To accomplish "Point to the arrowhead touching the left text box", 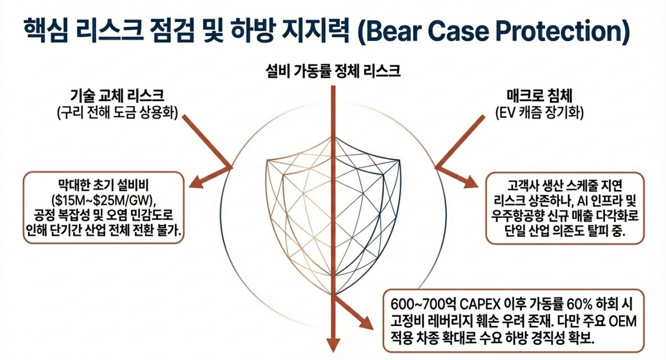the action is (196, 183).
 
